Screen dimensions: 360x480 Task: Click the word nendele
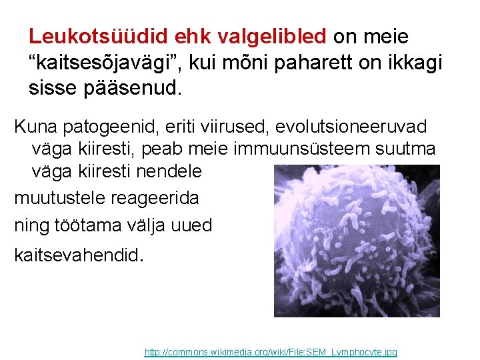[x=169, y=171]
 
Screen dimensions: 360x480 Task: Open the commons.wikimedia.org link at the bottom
[x=271, y=351]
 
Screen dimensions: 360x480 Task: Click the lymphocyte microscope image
[x=357, y=240]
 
